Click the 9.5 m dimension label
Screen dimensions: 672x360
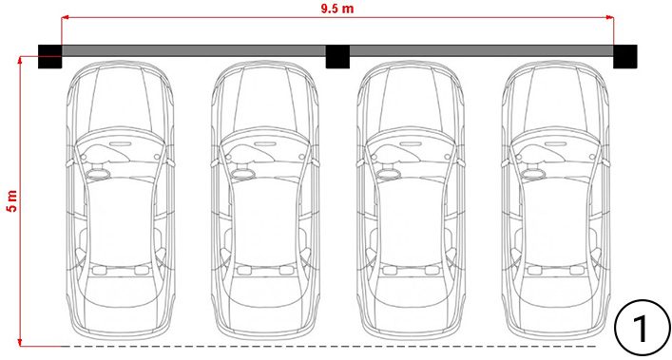[337, 9]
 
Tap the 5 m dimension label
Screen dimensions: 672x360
[11, 200]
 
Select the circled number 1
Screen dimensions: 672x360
[643, 328]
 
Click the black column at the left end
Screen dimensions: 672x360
[50, 56]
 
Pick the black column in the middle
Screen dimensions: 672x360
[337, 56]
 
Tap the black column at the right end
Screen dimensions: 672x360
[624, 56]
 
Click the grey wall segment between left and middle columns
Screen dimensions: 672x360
[194, 51]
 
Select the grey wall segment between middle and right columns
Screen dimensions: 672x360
[481, 51]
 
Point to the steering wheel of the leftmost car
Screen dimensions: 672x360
[99, 174]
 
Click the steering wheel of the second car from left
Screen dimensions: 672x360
[244, 174]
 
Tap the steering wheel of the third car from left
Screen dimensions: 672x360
[390, 174]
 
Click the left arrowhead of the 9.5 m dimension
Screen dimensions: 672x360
[66, 17]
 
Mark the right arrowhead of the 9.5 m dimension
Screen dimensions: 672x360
[610, 17]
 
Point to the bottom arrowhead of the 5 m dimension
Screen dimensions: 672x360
[20, 342]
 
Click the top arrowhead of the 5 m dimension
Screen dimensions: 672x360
[20, 60]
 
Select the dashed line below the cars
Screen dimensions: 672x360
[329, 346]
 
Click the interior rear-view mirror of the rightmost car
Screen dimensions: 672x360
[556, 143]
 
